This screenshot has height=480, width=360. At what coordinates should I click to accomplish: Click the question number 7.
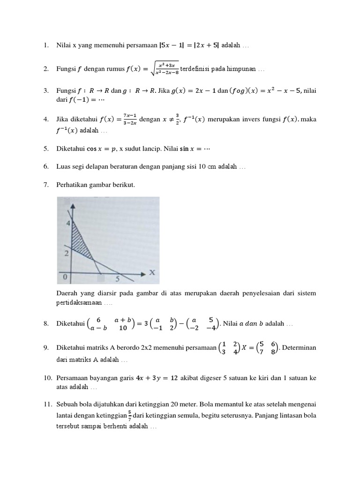(x=46, y=185)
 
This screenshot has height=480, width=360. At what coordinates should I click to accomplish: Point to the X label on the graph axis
(x=151, y=272)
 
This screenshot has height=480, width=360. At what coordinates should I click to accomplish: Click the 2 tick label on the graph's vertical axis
(x=67, y=253)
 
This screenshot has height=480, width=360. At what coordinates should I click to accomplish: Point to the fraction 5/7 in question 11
(x=129, y=415)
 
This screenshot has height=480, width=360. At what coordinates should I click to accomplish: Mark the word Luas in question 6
(x=64, y=167)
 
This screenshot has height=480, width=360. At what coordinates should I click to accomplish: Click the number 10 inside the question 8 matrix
(x=123, y=328)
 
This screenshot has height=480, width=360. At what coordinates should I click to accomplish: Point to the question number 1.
(x=46, y=45)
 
